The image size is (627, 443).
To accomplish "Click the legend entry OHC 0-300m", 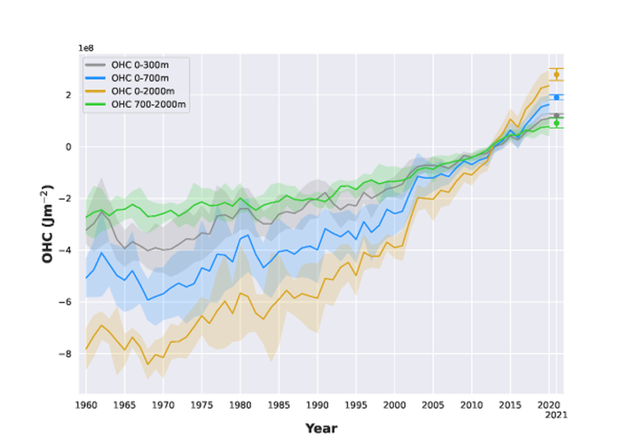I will [x=140, y=65].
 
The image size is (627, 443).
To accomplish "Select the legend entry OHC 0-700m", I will [x=140, y=78].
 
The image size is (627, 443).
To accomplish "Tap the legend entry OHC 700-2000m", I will [x=148, y=104].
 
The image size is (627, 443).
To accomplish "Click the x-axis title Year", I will [x=321, y=429].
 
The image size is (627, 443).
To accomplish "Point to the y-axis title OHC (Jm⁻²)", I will [x=48, y=224].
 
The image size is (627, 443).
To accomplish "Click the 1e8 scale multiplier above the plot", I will [x=85, y=48].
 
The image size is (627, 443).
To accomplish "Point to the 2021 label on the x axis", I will [x=556, y=415].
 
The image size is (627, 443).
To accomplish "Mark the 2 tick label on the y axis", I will [x=69, y=95].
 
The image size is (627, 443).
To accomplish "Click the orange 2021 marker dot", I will [x=556, y=75].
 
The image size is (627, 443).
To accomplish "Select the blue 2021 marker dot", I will [x=556, y=97].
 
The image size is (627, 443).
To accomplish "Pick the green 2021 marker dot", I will [x=556, y=123].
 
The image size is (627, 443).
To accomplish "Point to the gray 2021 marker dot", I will [x=556, y=115].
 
